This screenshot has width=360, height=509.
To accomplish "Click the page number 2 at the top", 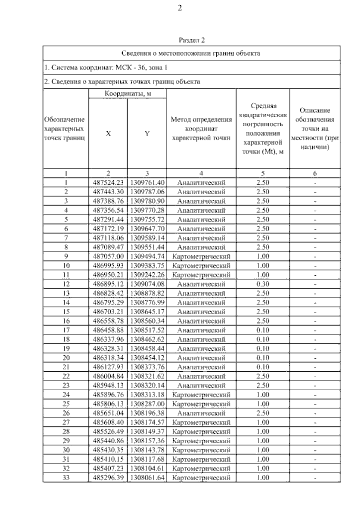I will click(180, 8).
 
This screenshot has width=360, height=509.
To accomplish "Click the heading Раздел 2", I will click(191, 40).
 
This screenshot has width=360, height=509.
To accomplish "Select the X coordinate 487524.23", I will click(108, 183).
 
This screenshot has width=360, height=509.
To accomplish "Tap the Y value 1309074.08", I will click(147, 284).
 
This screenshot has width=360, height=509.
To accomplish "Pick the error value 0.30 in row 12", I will click(263, 284).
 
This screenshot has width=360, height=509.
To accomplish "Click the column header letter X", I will click(108, 134).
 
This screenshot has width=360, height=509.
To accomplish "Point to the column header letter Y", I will click(147, 134).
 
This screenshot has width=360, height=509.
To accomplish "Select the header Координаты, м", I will click(128, 94).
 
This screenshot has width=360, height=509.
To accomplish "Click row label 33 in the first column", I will click(66, 478).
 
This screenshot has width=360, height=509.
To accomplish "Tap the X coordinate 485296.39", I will click(108, 478).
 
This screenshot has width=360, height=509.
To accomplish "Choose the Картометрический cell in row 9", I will click(201, 256).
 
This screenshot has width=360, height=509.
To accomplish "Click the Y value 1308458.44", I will click(147, 349).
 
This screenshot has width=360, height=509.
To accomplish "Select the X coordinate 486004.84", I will click(108, 376).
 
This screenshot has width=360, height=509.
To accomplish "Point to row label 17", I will click(66, 330).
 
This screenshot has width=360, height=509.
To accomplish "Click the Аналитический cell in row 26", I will click(201, 413).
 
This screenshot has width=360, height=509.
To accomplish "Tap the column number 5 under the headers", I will click(263, 173).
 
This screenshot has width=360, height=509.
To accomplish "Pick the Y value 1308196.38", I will click(147, 413).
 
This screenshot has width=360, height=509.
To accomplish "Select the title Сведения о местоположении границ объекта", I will click(191, 53).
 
